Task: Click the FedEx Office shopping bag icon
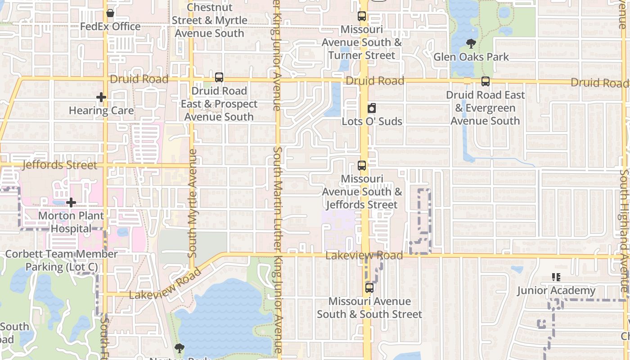coord(110,13)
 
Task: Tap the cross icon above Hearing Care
coord(101,97)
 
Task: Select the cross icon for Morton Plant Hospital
coord(71,202)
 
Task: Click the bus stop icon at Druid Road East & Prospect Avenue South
coord(219,77)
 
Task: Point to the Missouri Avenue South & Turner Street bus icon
coord(362,16)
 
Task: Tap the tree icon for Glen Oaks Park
coord(471,44)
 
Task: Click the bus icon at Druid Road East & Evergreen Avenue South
coord(485,81)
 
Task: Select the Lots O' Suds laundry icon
coord(372,108)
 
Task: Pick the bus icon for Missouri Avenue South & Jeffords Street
coord(362,166)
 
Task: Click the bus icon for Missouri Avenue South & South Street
coord(369,288)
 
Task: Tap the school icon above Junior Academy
coord(556,277)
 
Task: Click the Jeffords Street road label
coord(59,165)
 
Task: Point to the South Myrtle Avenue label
coord(193,203)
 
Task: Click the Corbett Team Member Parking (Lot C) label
coord(61,260)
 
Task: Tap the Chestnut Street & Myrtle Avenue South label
coord(209,20)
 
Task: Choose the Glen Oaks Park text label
coord(471,57)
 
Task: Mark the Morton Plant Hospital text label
coord(71,222)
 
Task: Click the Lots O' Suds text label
coord(372,121)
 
